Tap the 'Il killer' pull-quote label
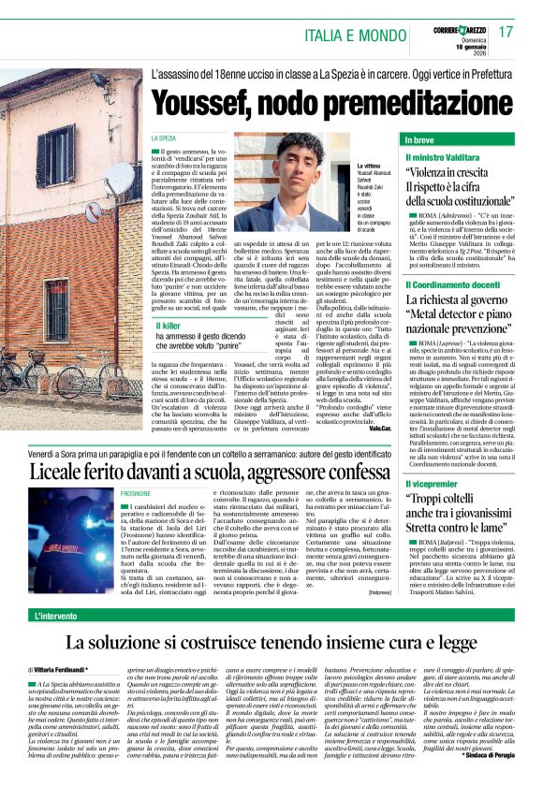(x=172, y=325)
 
